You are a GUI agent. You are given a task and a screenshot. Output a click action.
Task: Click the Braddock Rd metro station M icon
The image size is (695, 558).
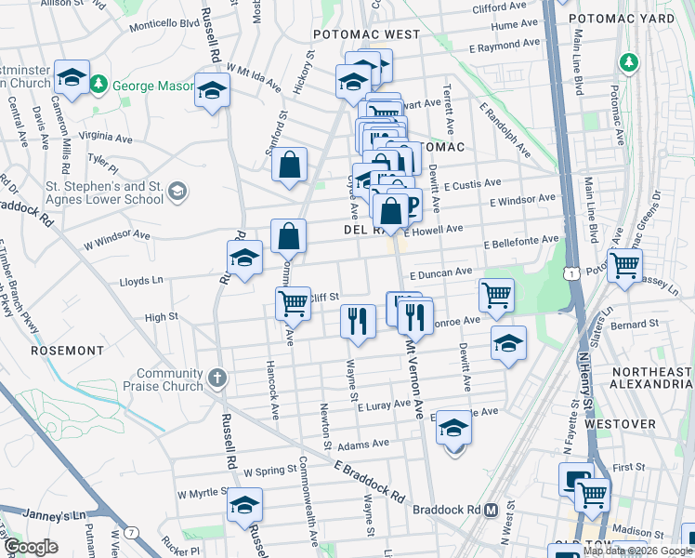pos(492,511)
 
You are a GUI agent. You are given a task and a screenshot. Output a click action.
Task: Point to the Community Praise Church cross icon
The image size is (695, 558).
pos(216,379)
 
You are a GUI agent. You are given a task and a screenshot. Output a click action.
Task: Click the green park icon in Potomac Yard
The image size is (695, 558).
pos(630,62)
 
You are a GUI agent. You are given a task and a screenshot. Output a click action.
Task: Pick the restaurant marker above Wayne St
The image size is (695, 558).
pos(357,321)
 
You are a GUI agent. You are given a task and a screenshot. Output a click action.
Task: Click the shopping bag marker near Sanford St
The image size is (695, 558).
pos(290,166)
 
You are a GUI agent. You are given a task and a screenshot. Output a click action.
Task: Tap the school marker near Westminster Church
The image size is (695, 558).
pos(72,78)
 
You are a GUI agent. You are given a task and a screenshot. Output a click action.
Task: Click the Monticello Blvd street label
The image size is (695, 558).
pos(165,23)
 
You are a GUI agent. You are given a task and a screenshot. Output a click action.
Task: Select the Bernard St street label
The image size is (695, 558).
pos(639,324)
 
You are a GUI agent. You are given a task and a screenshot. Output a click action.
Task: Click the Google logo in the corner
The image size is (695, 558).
pos(31,547)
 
